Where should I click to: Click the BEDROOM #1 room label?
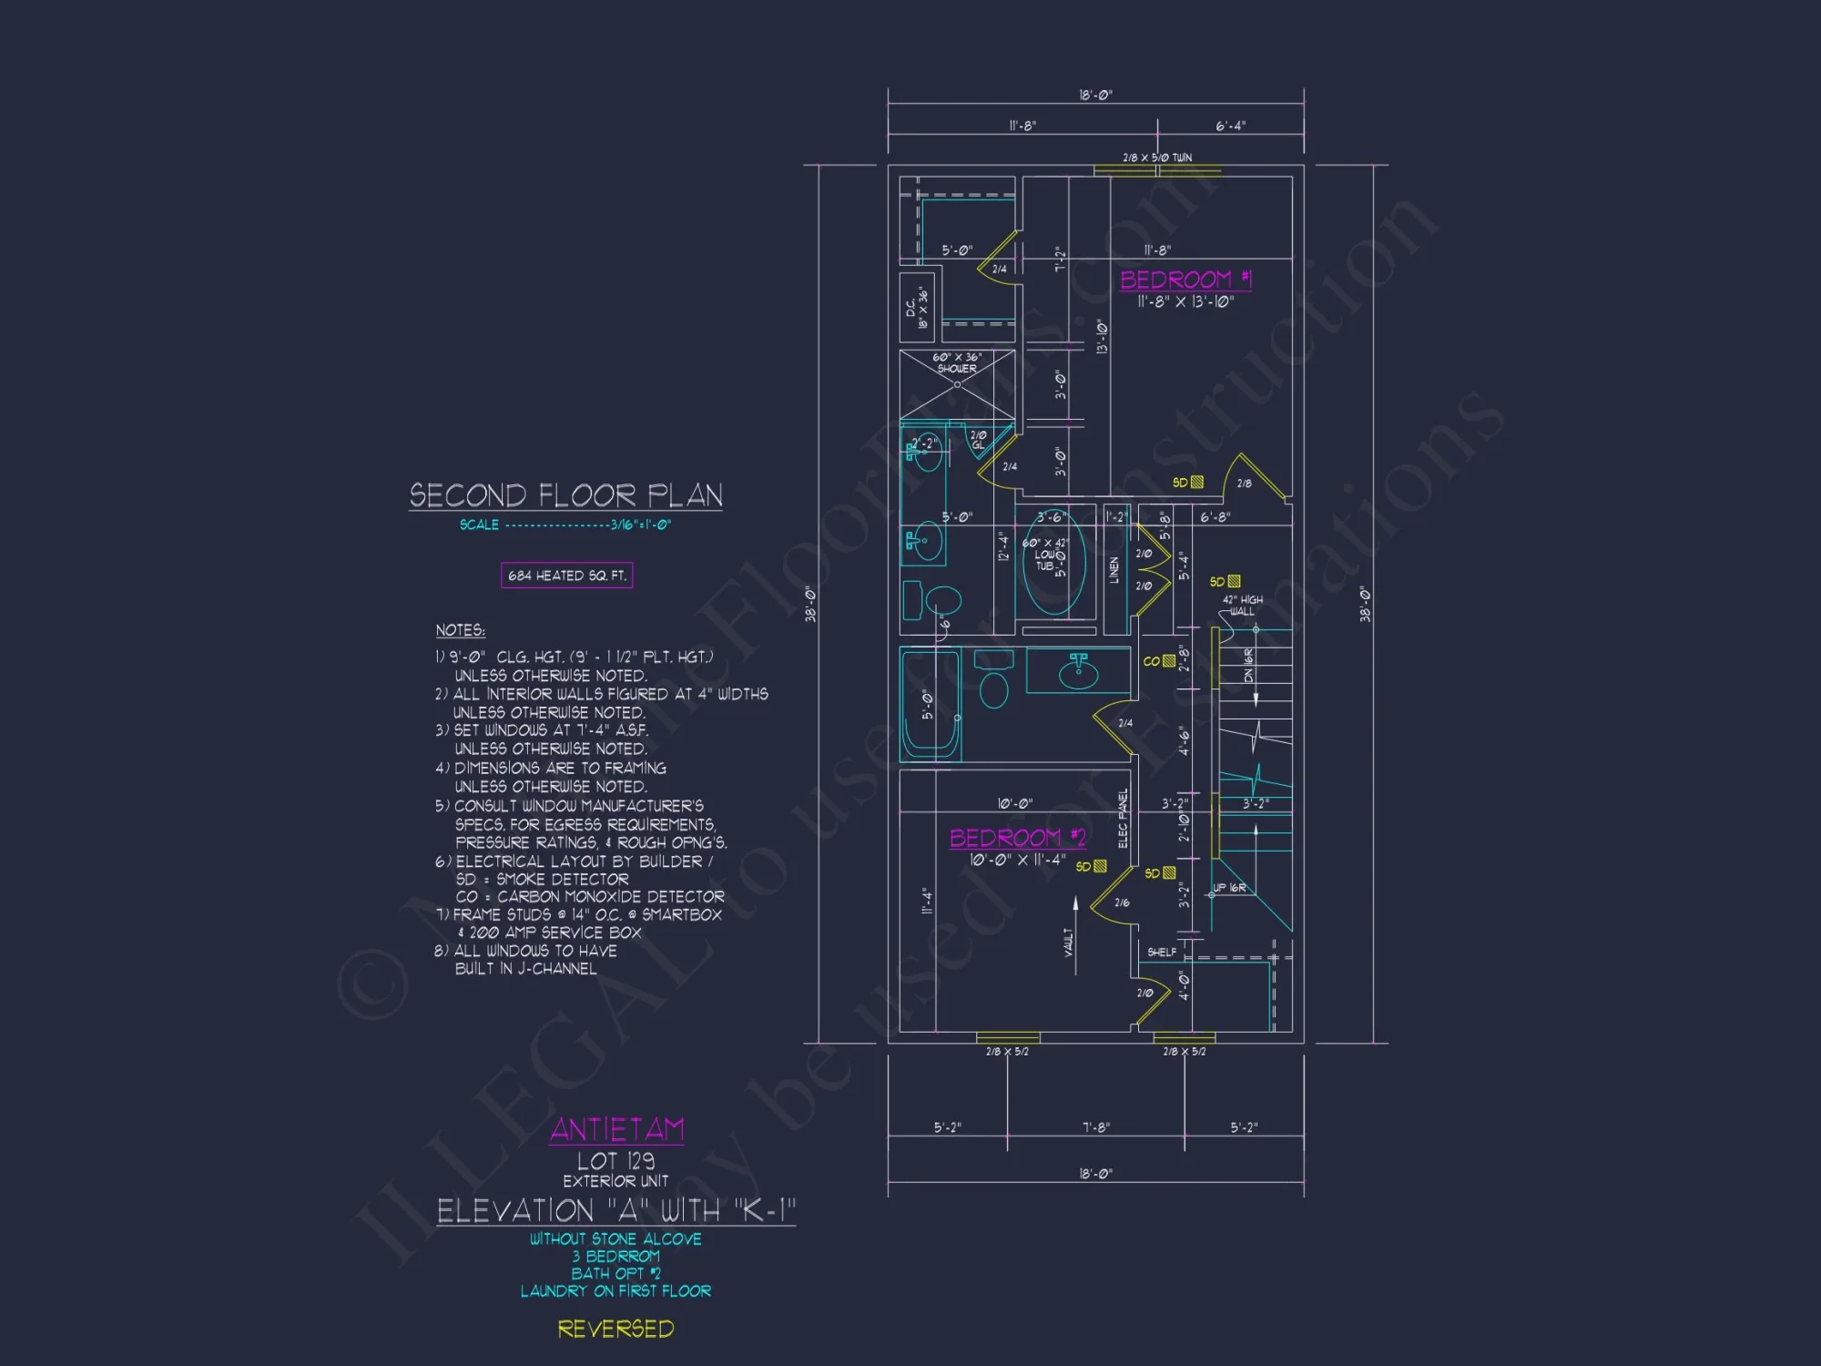1185,280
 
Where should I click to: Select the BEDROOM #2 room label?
1017,838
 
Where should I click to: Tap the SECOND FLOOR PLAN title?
565,495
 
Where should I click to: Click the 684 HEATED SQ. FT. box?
566,576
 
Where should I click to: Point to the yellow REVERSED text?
615,1329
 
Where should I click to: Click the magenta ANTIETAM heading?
616,1130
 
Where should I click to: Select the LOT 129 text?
615,1161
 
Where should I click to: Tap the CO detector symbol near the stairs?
1168,661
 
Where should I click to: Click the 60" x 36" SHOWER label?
956,363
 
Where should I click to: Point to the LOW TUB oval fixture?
1054,565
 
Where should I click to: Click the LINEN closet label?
1114,571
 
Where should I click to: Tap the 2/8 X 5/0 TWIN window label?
1156,158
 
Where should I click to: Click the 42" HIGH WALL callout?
1242,606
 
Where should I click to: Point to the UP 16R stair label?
1228,888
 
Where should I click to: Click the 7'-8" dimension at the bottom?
1095,1127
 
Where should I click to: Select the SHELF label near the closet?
1161,952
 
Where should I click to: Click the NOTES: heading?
460,630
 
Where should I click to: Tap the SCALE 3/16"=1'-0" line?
565,525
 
